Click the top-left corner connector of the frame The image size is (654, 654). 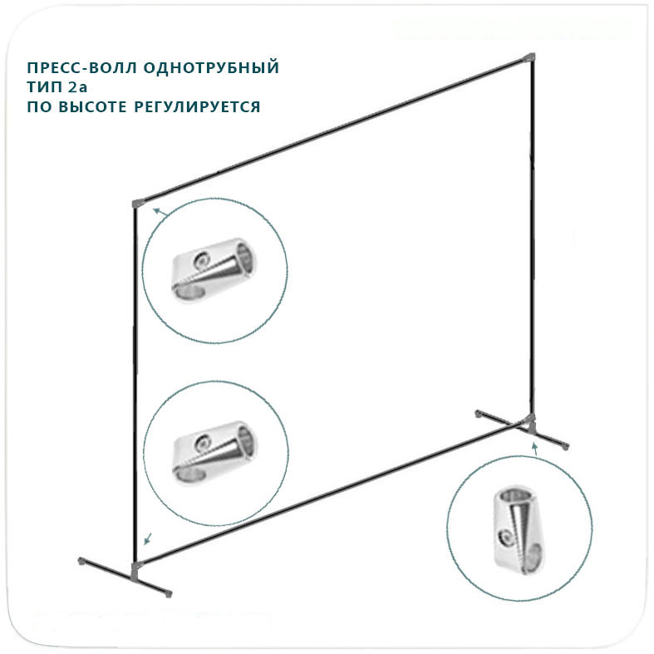pos(137,203)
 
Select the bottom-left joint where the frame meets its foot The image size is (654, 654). pos(135,568)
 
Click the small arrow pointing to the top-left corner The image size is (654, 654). pos(160,213)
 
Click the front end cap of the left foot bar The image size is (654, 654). pos(169,594)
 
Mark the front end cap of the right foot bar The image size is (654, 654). pos(568,446)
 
